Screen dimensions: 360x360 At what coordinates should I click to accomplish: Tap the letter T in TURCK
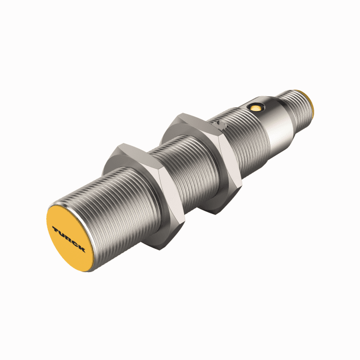56,226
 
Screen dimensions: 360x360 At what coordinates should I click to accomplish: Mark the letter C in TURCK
75,242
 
